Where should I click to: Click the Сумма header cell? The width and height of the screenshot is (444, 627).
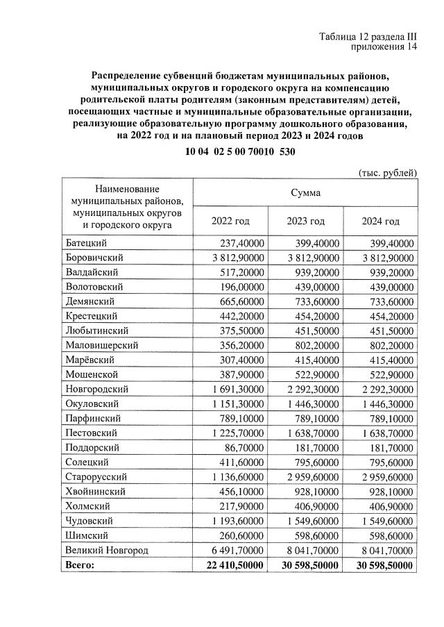click(305, 192)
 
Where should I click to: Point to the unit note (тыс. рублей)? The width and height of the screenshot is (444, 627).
click(387, 172)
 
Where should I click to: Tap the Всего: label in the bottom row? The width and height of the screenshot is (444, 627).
click(79, 565)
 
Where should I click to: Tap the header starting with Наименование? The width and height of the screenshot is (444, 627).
click(127, 206)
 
